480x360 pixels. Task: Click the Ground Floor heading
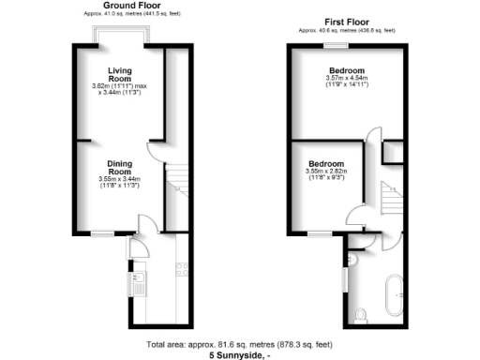(122, 6)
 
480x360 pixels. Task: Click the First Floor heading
(345, 22)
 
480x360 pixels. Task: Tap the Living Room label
(119, 75)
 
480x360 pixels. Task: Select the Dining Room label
(118, 168)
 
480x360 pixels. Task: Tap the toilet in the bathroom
(361, 313)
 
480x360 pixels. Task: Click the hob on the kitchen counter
(181, 270)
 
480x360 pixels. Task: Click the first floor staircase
(390, 201)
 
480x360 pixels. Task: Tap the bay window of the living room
(122, 35)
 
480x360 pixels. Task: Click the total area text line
(240, 344)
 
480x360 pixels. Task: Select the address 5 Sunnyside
(240, 354)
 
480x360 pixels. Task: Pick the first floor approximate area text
(345, 31)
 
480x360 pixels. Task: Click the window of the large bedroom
(343, 45)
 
